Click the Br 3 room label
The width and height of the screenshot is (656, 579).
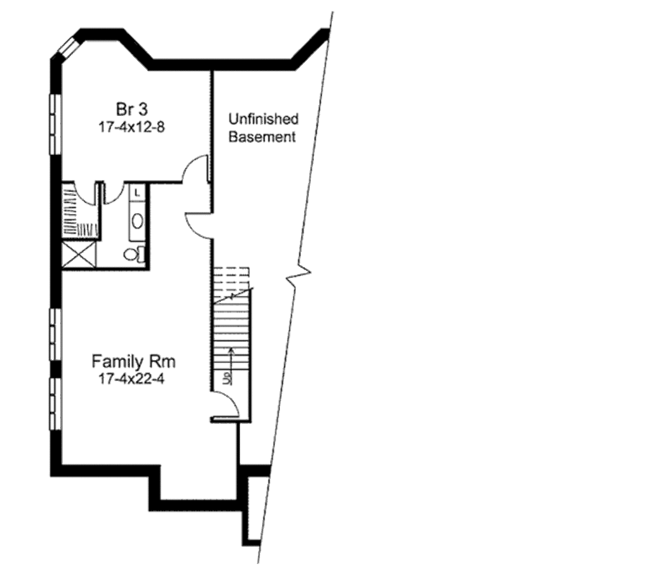[132, 110]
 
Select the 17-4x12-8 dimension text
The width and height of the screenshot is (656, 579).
[132, 127]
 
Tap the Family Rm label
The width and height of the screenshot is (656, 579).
[133, 361]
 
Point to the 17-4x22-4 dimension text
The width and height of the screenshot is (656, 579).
[132, 379]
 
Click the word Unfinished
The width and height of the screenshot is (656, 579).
[263, 119]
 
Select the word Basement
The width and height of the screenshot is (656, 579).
[262, 137]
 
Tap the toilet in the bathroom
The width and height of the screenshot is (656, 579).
[135, 254]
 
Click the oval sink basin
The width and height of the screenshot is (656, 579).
[137, 220]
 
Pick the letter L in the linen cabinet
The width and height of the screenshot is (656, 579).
[137, 193]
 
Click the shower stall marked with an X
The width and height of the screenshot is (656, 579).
[79, 254]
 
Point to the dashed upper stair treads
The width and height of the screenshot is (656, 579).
[231, 279]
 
